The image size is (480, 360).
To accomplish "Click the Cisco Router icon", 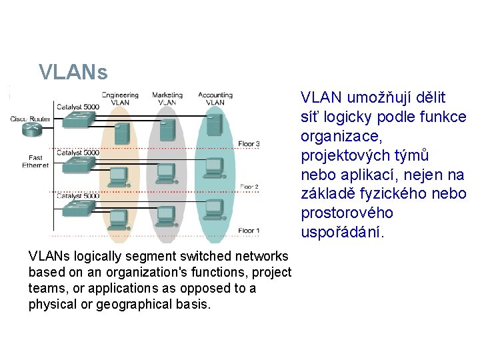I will click(30, 129).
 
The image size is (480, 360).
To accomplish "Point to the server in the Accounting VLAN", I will click(214, 123).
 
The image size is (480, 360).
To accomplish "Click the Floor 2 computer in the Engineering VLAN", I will click(117, 175).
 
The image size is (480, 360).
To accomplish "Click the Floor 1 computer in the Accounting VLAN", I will click(213, 208).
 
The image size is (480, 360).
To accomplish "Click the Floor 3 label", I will click(249, 143).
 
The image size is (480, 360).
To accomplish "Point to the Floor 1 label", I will click(249, 230).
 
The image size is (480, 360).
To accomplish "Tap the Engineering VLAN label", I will click(120, 99).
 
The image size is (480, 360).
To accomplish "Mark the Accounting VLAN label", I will click(215, 99).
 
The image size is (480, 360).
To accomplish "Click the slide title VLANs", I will click(73, 71).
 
